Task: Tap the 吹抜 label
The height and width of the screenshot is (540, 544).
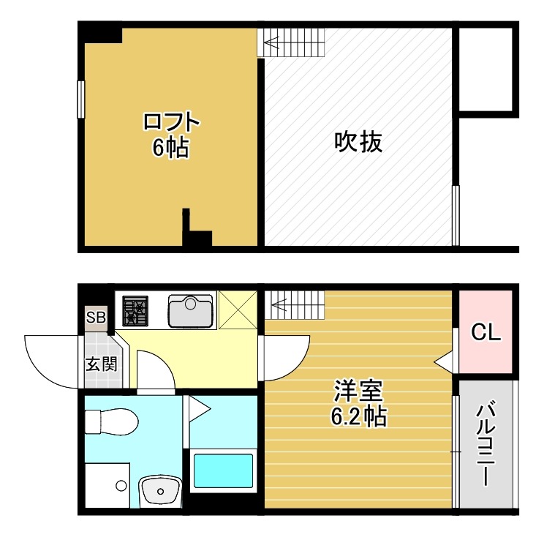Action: point(358,141)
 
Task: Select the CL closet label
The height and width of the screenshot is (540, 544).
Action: point(486,334)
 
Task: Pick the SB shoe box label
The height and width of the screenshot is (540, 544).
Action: point(96,318)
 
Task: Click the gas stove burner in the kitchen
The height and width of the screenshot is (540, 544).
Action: point(135,310)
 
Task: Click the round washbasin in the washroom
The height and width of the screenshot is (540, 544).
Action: point(160,490)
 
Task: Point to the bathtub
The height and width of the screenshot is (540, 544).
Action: point(222,472)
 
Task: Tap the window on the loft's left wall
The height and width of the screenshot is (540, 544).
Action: point(80,98)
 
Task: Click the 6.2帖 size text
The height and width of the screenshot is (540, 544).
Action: point(358,416)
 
